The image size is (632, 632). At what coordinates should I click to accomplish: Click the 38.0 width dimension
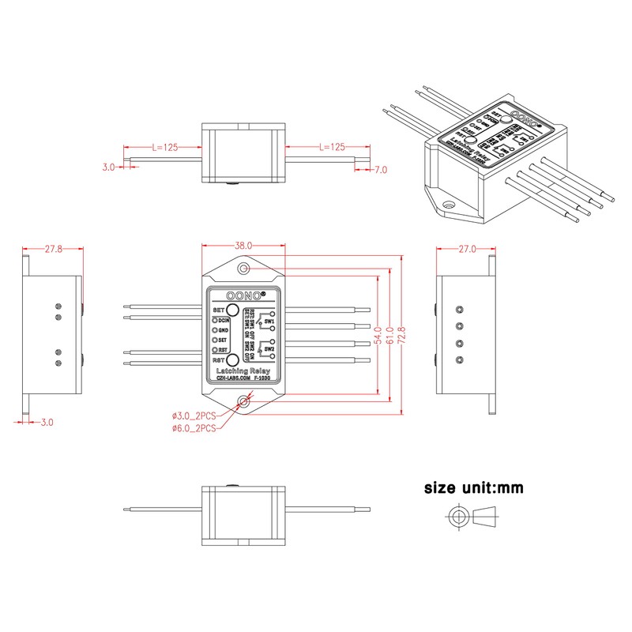243,246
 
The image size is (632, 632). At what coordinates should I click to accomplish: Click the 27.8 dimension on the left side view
54,249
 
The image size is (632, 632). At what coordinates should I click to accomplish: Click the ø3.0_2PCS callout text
194,416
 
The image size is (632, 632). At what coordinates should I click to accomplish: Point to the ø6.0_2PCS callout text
194,427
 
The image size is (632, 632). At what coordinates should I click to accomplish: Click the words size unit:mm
473,488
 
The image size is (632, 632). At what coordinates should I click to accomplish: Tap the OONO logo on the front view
244,295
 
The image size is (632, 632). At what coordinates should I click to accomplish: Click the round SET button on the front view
233,310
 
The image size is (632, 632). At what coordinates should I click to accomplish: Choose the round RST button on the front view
233,360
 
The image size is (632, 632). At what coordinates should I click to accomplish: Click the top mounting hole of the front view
243,270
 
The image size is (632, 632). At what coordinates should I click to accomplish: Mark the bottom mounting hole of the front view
244,403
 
